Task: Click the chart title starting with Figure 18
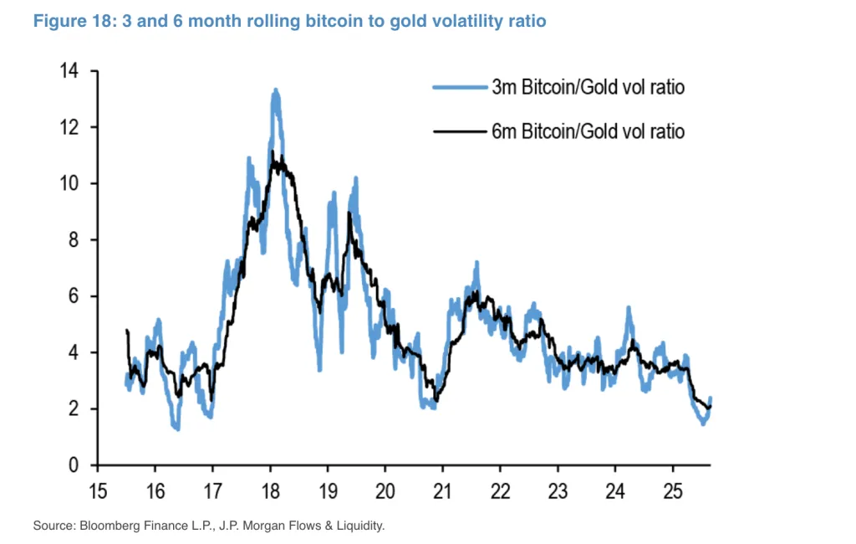(x=289, y=21)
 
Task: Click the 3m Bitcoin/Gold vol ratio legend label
(x=588, y=87)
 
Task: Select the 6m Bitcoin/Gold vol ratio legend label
(x=588, y=131)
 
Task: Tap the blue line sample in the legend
(x=459, y=87)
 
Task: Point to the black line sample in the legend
(x=459, y=131)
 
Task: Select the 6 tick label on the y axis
(x=73, y=296)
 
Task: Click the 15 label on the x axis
(x=98, y=490)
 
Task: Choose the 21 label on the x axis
(x=442, y=490)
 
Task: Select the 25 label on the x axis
(x=671, y=490)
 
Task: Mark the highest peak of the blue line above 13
(x=275, y=90)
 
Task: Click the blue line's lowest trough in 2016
(x=176, y=428)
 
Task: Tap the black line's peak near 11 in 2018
(x=273, y=153)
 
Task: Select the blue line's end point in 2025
(x=711, y=398)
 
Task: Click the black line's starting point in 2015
(x=126, y=331)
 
